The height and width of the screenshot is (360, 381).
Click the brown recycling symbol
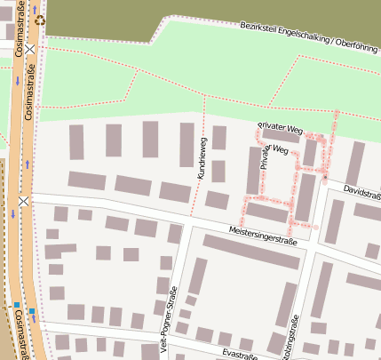pyautogui.click(x=40, y=18)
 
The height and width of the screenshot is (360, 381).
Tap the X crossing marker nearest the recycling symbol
pyautogui.click(x=30, y=51)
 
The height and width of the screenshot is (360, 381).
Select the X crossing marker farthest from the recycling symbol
pyautogui.click(x=23, y=202)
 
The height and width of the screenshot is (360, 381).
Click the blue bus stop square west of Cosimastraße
pyautogui.click(x=16, y=305)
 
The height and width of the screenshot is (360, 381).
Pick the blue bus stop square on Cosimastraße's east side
pyautogui.click(x=32, y=311)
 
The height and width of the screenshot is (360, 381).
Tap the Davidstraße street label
pyautogui.click(x=361, y=192)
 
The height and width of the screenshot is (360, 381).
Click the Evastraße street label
pyautogui.click(x=240, y=355)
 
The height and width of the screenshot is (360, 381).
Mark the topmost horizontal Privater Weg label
pyautogui.click(x=280, y=130)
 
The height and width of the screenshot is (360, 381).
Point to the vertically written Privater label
pyautogui.click(x=264, y=158)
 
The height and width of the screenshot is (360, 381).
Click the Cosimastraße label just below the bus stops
pyautogui.click(x=20, y=339)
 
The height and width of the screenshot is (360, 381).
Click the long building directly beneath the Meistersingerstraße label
pyautogui.click(x=251, y=252)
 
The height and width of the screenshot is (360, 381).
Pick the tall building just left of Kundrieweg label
pyautogui.click(x=187, y=144)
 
